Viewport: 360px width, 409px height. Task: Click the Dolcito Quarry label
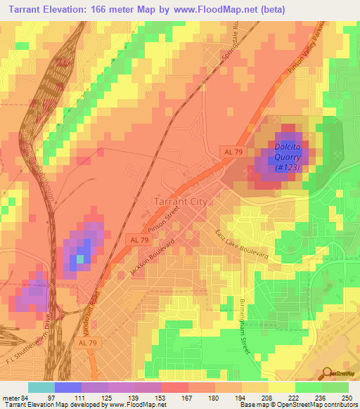(288, 157)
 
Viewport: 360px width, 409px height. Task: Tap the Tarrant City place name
(179, 202)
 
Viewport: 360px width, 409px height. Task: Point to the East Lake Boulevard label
(242, 247)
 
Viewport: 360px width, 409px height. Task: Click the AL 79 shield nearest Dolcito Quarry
(230, 151)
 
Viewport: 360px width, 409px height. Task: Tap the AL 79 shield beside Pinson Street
(138, 240)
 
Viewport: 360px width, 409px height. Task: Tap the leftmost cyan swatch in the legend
(41, 387)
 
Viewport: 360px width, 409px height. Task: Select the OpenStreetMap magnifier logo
(328, 373)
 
